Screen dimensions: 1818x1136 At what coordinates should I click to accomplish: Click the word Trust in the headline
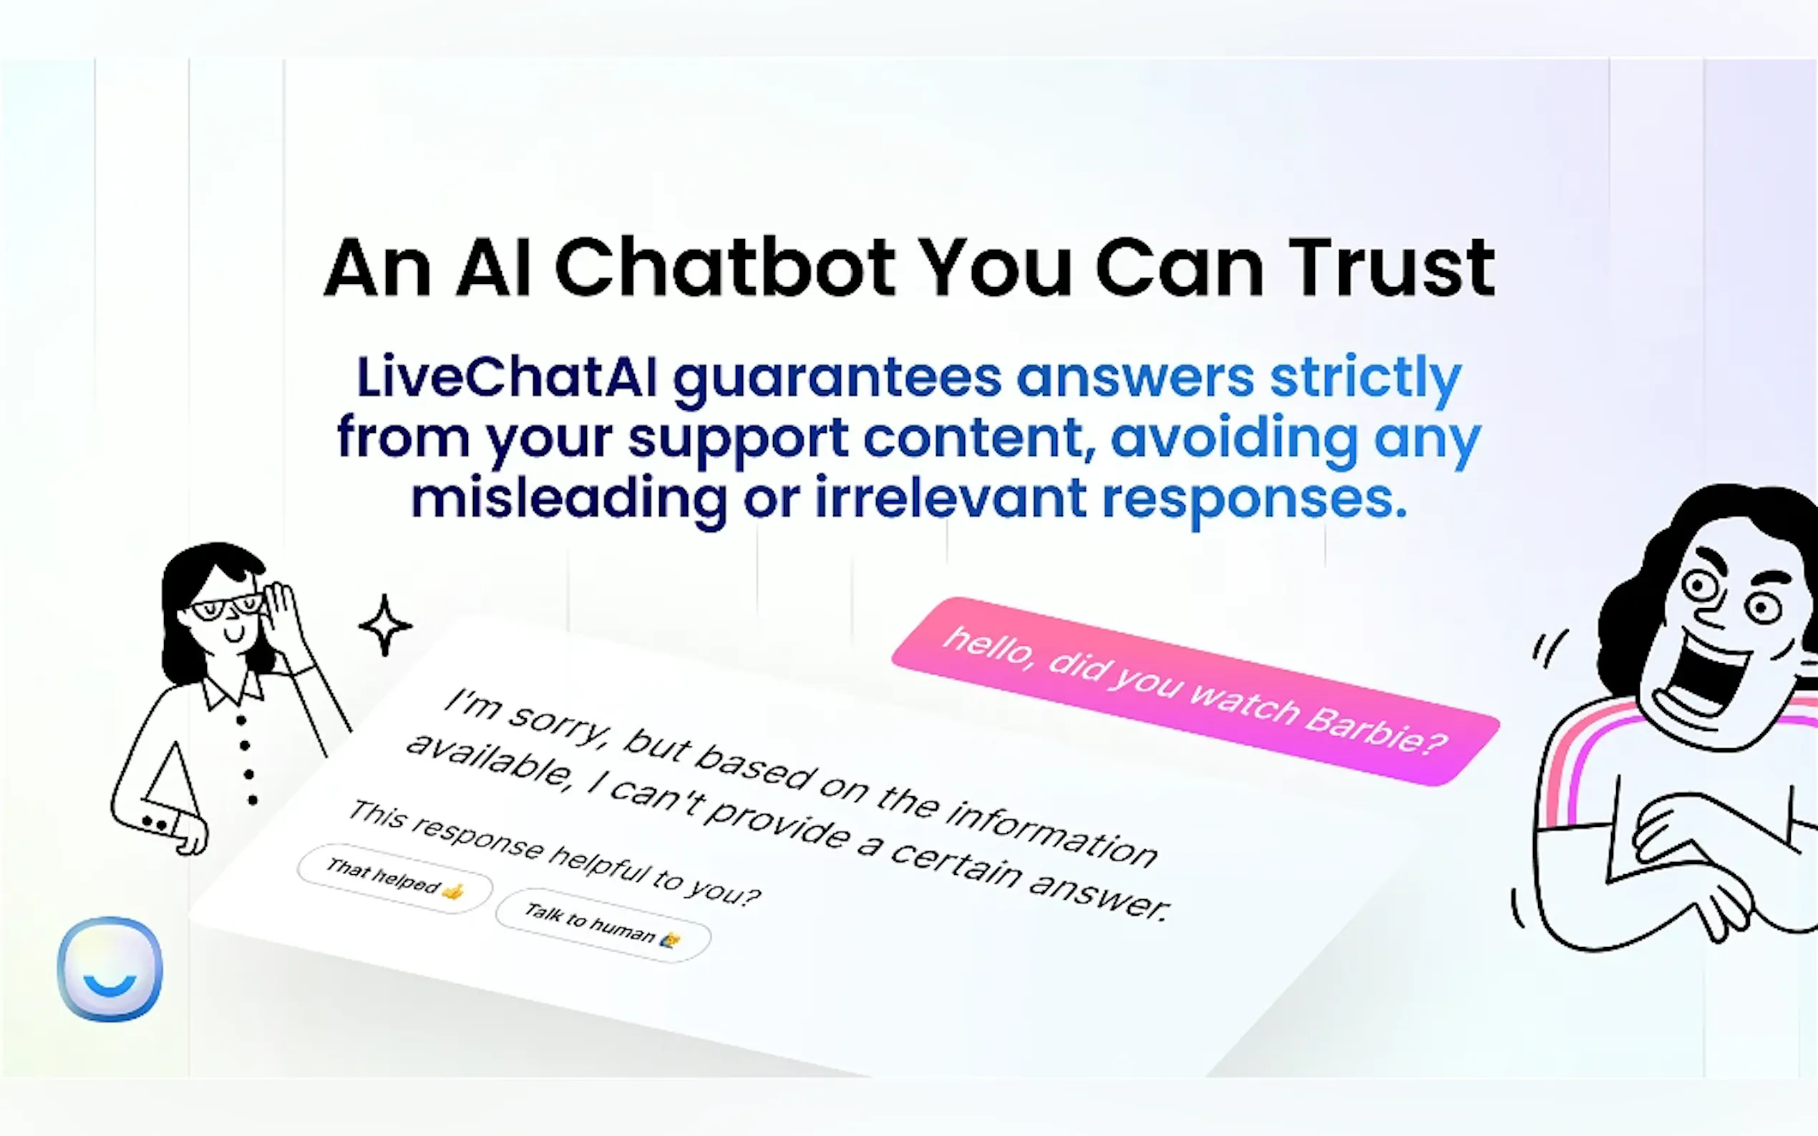point(1392,268)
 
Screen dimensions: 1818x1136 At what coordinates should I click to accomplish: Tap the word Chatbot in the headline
point(724,268)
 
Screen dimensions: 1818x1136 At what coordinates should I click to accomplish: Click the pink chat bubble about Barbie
point(1196,691)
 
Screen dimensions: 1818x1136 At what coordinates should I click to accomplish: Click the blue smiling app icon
point(110,969)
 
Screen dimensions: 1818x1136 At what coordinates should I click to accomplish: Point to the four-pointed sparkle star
point(385,625)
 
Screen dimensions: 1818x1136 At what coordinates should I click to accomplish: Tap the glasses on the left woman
point(225,607)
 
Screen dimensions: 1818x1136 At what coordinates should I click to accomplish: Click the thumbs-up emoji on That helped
point(453,892)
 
